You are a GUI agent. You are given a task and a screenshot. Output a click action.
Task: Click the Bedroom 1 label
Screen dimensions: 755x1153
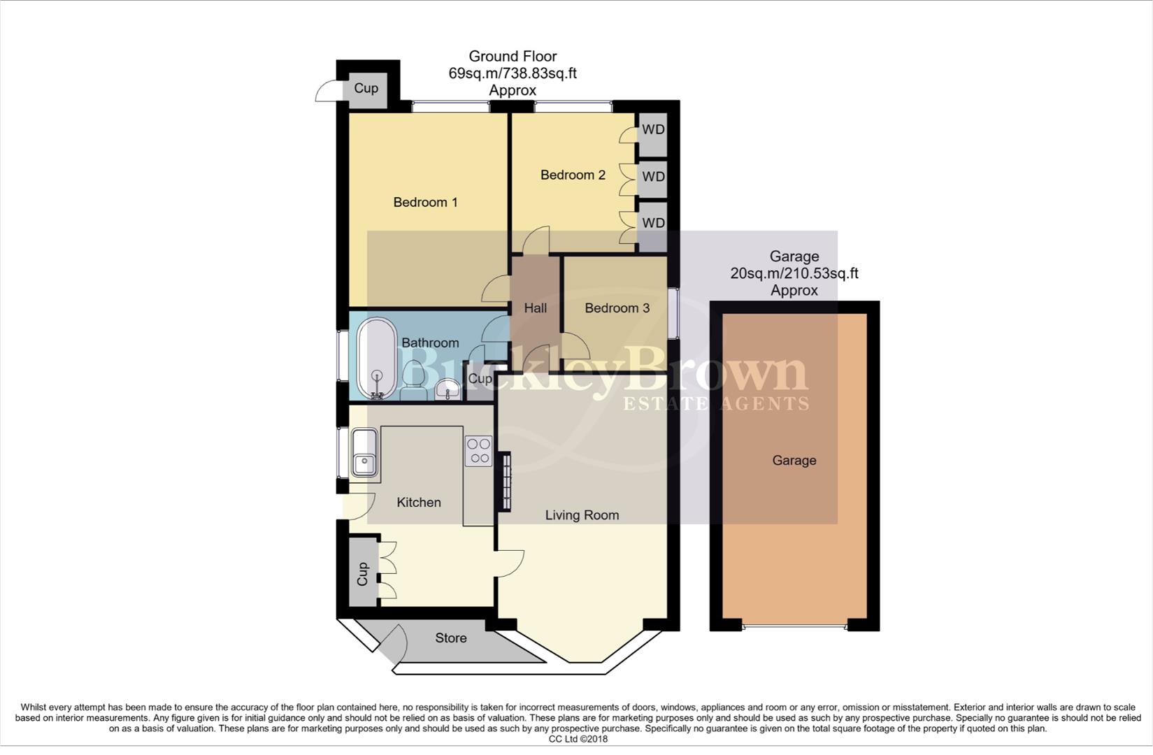pos(425,203)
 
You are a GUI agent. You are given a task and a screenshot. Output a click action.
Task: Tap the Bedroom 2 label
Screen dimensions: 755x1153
pos(573,175)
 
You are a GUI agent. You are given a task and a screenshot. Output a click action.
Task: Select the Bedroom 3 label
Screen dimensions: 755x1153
pos(617,308)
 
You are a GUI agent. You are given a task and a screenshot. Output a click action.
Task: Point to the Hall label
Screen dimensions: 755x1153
pos(535,308)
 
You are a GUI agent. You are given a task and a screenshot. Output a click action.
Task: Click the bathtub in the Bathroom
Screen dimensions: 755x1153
pos(376,357)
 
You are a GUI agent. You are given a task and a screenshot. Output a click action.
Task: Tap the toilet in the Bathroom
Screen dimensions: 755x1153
pos(413,383)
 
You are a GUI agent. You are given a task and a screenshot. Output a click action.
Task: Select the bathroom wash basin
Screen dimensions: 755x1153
pos(446,390)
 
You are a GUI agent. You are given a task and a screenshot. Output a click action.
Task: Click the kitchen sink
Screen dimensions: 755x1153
pos(364,453)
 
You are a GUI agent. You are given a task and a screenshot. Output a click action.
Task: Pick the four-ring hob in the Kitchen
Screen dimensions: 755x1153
pos(479,451)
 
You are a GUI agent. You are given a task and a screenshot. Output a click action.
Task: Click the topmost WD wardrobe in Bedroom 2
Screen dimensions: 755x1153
pos(653,130)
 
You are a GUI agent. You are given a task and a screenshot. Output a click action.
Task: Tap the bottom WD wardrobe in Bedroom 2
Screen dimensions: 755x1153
pos(653,223)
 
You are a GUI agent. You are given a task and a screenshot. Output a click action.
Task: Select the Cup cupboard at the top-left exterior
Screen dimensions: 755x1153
pos(366,89)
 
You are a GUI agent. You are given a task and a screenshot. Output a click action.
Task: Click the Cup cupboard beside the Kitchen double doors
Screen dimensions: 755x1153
pos(362,573)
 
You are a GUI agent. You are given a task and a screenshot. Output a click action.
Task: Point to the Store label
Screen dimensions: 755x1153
pos(450,638)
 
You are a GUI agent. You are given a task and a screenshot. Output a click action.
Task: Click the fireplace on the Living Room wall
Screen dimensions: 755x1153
pos(504,482)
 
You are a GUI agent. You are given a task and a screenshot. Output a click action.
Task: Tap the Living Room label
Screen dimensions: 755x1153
pos(582,515)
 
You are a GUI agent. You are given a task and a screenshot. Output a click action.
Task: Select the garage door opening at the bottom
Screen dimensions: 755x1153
pos(795,626)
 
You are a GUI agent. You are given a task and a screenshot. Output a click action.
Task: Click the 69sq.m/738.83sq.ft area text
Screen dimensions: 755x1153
pos(512,73)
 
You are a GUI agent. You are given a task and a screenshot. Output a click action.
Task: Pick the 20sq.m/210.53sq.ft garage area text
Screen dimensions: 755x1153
pos(794,273)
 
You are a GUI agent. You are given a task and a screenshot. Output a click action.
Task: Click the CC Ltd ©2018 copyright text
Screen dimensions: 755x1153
pos(578,739)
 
